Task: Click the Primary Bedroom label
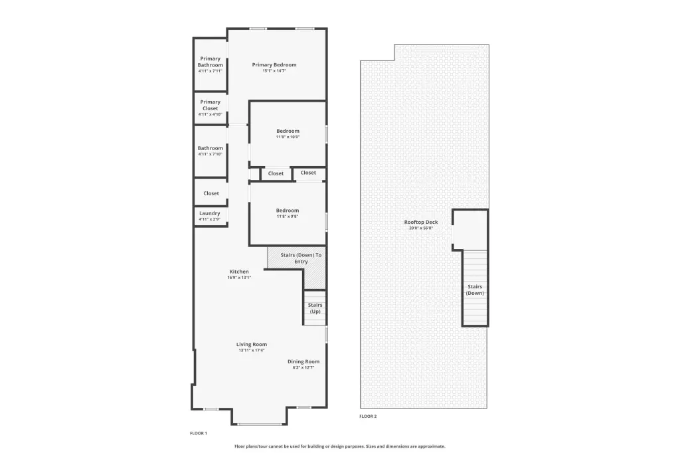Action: click(x=274, y=64)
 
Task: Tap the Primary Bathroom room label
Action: click(x=211, y=62)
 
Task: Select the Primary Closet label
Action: click(x=211, y=105)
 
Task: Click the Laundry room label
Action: click(x=209, y=213)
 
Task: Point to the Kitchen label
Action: click(x=239, y=272)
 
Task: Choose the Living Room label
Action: click(x=252, y=345)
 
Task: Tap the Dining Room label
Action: click(x=303, y=361)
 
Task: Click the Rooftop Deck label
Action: click(x=421, y=222)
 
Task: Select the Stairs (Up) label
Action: click(x=315, y=308)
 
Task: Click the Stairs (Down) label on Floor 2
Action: click(x=475, y=290)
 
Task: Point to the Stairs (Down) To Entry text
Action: click(x=301, y=258)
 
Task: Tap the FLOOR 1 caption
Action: click(x=199, y=433)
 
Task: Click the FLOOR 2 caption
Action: click(x=368, y=416)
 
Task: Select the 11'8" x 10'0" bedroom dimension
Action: click(x=288, y=137)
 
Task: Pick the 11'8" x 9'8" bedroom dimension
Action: click(x=288, y=216)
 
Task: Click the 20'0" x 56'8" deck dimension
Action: click(x=421, y=228)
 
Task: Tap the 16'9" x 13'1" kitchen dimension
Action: click(x=239, y=277)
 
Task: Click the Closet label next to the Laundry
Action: click(x=211, y=193)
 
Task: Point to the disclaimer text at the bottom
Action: click(x=340, y=446)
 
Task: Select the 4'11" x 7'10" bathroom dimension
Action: click(x=211, y=154)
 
